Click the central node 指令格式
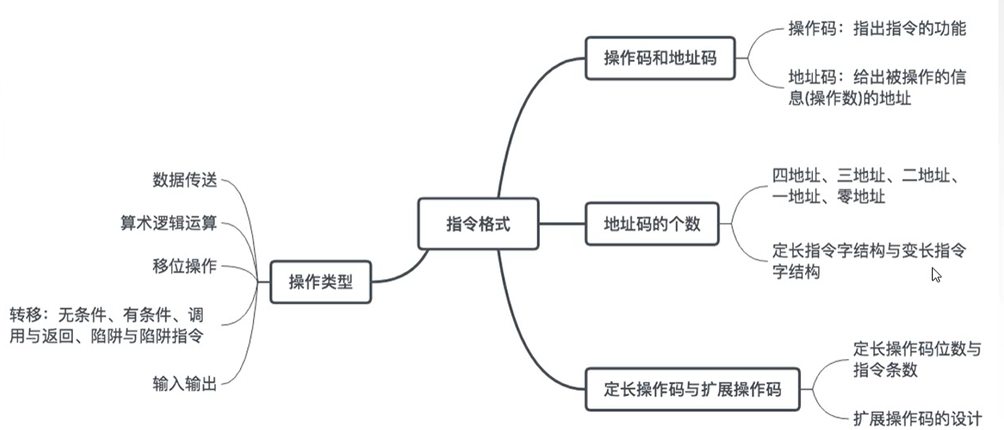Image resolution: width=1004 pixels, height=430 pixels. pos(478,224)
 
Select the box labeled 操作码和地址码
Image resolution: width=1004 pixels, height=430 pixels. pos(660,58)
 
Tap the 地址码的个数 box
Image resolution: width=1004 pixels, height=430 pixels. pos(652,224)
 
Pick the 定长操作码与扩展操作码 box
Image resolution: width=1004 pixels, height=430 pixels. pos(692,390)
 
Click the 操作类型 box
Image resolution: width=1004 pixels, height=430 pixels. pos(320,282)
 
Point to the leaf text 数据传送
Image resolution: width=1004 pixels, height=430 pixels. pos(185,180)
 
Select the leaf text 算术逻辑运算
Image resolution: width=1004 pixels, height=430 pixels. pos(168,223)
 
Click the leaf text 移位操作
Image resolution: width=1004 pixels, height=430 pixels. pos(185,266)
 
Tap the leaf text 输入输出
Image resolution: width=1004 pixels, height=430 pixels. pos(185,384)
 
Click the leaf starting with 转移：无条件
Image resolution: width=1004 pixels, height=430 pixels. pos(106,326)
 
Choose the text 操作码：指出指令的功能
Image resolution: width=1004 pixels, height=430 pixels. pos(877,29)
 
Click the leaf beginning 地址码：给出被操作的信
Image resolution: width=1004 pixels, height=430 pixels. pos(877,87)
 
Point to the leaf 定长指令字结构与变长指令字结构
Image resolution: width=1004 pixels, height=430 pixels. pos(868,261)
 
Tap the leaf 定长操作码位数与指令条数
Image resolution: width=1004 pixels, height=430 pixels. pos(917,359)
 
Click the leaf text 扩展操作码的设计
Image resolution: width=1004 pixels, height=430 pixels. pos(917,418)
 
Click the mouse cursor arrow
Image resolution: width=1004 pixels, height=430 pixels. pos(936,274)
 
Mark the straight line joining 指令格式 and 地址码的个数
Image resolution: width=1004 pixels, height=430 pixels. pos(562,224)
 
